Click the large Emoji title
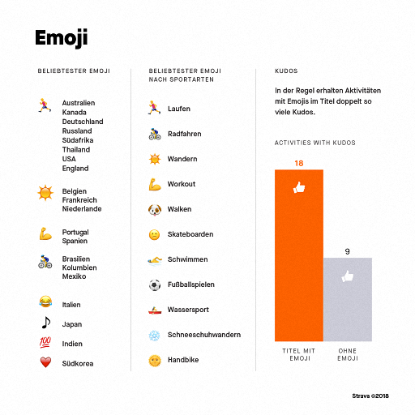point(62,38)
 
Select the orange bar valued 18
point(299,255)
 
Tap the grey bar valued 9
point(348,299)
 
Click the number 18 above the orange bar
point(299,163)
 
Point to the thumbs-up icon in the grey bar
point(348,276)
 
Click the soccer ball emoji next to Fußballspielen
point(155,285)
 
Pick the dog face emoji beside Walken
point(155,210)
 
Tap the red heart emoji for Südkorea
point(45,362)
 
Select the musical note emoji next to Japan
point(46,323)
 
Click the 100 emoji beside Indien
point(45,342)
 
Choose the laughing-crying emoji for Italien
point(45,302)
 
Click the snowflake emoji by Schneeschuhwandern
point(155,336)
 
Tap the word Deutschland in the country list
point(83,122)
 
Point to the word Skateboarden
point(190,234)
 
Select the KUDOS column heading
point(286,71)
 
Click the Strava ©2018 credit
point(370,396)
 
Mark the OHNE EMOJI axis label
point(348,354)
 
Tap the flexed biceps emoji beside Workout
point(155,184)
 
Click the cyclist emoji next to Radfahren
point(155,134)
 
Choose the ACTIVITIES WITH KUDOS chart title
point(315,143)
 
